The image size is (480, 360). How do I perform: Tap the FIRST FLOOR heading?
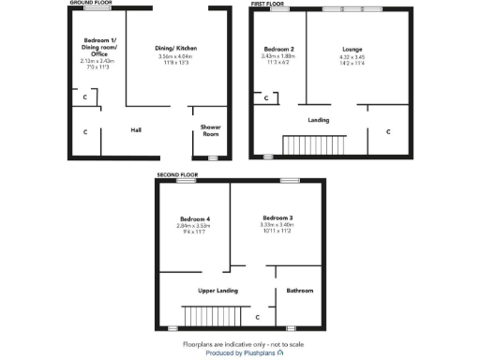268,4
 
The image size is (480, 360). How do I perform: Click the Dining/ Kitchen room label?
176,48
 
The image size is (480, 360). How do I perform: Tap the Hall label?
136,130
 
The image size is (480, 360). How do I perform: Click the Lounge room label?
352,49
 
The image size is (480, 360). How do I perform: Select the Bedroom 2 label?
279,49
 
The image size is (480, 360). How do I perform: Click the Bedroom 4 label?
194,217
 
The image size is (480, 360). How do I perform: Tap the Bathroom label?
300,291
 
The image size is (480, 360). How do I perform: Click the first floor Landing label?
319,120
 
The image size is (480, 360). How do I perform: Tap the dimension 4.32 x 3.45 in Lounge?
352,57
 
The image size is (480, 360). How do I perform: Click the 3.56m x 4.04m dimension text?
176,56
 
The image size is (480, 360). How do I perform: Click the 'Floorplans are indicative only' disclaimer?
240,343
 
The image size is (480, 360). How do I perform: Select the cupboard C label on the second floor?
257,317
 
